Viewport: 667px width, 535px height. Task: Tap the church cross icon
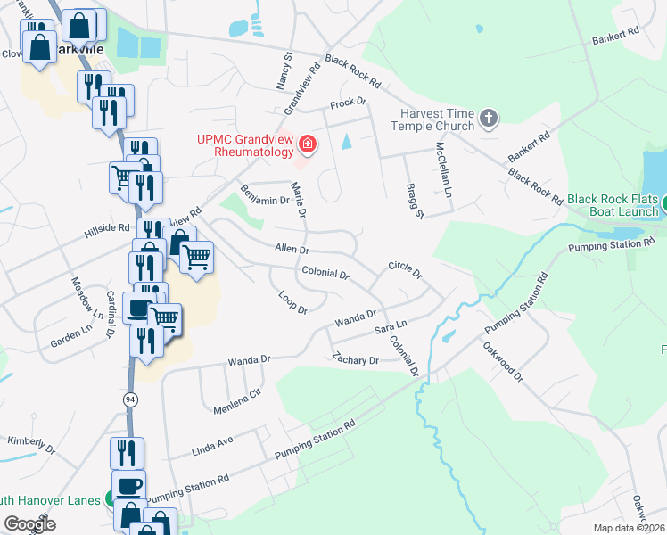click(488, 119)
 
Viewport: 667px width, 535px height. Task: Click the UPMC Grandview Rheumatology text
click(246, 146)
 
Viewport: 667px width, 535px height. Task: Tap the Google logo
click(29, 524)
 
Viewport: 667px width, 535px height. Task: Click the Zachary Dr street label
click(355, 360)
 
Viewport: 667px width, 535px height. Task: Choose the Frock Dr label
click(349, 103)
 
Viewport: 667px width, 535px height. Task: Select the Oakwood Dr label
click(504, 363)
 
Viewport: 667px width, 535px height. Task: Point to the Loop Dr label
click(292, 302)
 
